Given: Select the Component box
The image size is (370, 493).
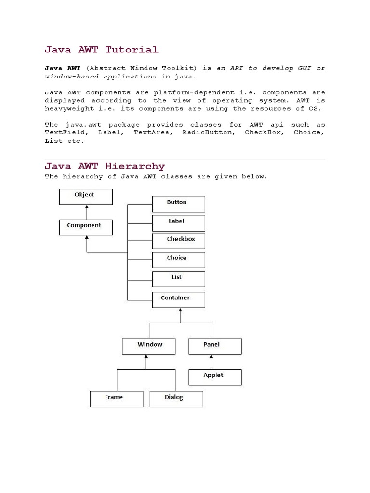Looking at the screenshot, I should point(86,227).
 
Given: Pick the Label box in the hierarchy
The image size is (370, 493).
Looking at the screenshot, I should point(178,222).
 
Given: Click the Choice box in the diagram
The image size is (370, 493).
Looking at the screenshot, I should point(178,259).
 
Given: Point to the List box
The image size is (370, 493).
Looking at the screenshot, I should point(178,279).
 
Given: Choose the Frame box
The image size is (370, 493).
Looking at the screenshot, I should point(116,399).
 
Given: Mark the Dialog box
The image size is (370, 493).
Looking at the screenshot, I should point(176,399).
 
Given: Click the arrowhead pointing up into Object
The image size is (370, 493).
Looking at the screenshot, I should point(86,207).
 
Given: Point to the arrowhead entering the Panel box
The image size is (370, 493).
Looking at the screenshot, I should point(211,357).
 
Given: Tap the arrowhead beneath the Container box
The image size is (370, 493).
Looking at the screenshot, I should point(180,310).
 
